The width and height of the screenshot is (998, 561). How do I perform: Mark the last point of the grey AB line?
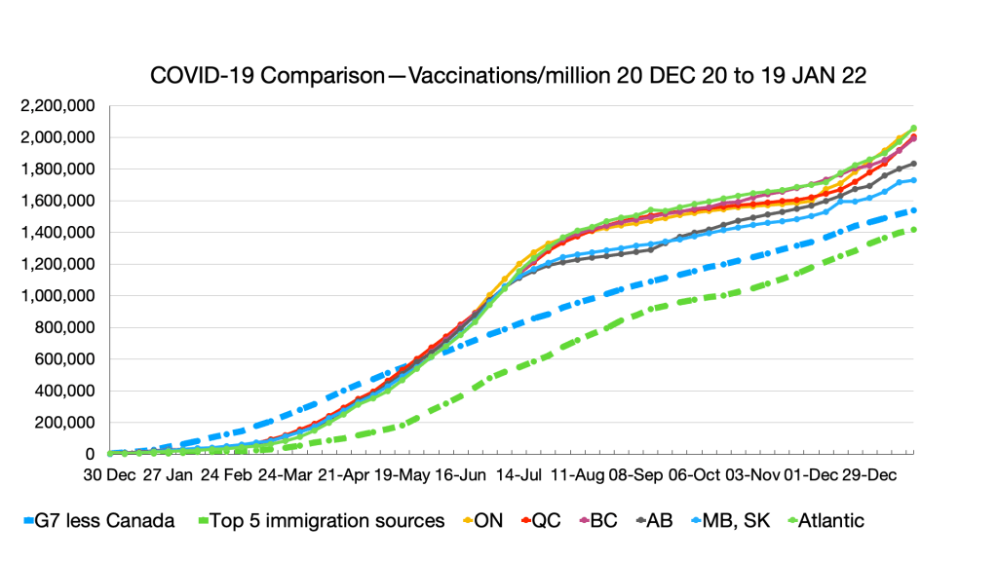click(x=913, y=164)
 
